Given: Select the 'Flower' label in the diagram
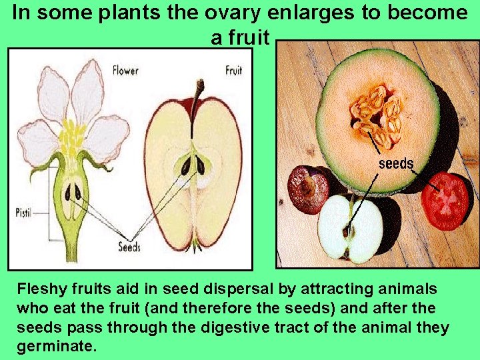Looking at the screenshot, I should [125, 69].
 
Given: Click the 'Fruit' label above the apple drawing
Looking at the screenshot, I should [233, 70].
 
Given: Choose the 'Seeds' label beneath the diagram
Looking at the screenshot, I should [129, 247].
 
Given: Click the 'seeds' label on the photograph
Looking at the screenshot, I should [396, 163].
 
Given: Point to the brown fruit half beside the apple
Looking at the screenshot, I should [307, 189].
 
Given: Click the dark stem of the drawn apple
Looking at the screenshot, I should [198, 93].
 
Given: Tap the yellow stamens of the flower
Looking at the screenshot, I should [71, 137].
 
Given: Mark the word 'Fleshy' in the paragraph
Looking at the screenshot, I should [38, 289].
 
